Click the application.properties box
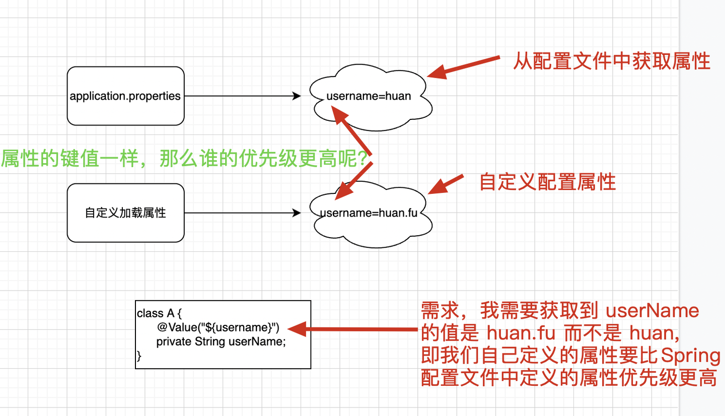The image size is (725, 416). coord(125,96)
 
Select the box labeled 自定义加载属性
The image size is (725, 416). coord(125,213)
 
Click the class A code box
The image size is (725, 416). coord(223,334)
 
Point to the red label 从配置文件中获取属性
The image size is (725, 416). coord(611,61)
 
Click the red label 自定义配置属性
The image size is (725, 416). coord(547,181)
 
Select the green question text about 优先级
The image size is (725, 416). coord(186,159)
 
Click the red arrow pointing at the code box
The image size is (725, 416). coord(352,329)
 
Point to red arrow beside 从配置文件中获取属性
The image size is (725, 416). coord(463,67)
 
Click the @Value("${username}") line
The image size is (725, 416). coord(217,327)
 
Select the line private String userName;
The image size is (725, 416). coord(221,341)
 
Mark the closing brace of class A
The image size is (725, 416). coord(139,356)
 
